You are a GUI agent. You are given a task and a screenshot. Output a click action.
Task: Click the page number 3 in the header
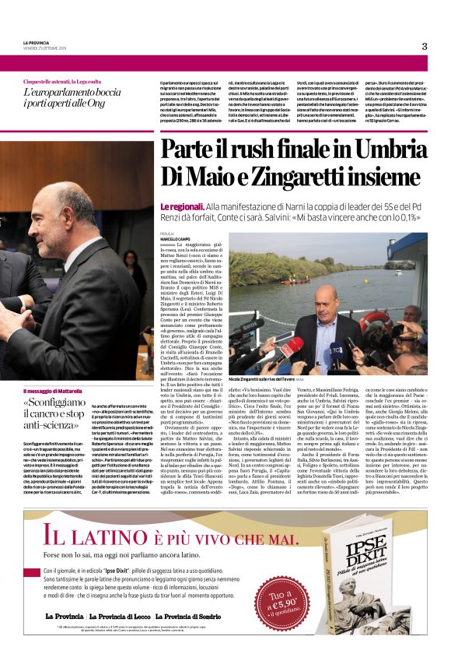tap(425, 46)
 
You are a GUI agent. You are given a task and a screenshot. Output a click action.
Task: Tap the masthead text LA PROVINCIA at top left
tap(38, 43)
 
